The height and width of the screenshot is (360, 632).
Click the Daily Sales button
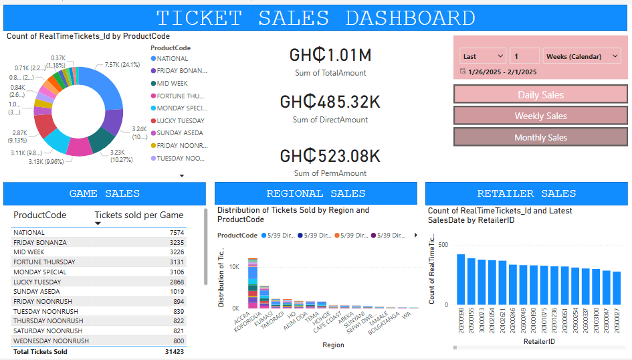[x=540, y=94]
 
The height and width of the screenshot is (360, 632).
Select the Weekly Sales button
[x=540, y=116]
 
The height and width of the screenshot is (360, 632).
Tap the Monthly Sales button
[x=540, y=137]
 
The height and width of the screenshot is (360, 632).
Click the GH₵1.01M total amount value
[x=330, y=55]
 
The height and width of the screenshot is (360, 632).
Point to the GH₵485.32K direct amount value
[x=330, y=102]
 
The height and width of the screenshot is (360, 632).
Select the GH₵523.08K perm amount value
[x=330, y=156]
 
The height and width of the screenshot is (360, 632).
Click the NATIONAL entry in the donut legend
[x=172, y=59]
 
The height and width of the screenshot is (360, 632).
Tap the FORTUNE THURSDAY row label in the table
[x=44, y=262]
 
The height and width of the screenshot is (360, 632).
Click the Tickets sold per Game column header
[x=139, y=215]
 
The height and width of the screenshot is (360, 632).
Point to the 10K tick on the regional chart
[x=234, y=267]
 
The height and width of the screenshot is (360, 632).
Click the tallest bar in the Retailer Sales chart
[x=461, y=279]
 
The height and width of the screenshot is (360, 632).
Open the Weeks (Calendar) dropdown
[x=582, y=56]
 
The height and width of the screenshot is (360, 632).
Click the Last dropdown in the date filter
[x=482, y=56]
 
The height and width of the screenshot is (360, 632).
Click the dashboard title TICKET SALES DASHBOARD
[x=316, y=18]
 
